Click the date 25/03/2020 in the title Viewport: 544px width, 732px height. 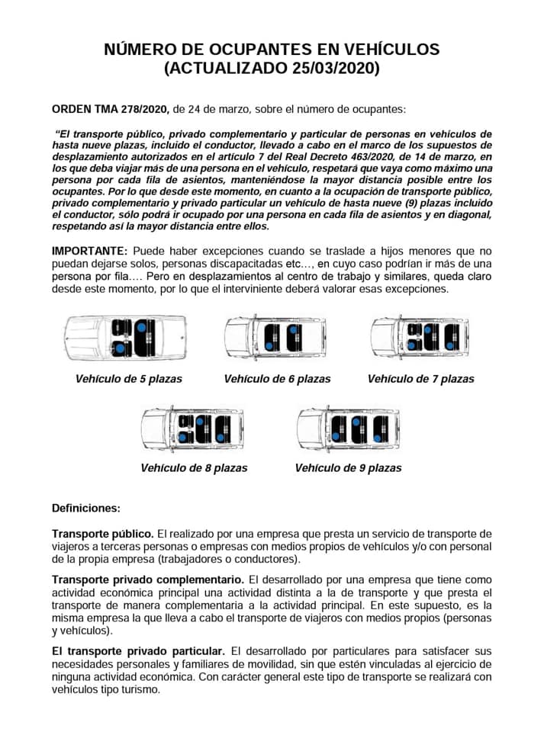335,69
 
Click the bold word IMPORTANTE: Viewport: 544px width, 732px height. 89,251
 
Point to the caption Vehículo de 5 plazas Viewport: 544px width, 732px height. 129,379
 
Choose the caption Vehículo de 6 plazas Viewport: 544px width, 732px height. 278,379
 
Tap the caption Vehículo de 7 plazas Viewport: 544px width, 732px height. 421,379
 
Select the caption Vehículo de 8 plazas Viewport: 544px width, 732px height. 195,468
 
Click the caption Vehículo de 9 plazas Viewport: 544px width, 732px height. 349,468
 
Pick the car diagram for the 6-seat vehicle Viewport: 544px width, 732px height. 276,337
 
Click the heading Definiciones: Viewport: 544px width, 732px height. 86,508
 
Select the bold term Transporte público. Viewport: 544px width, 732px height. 103,533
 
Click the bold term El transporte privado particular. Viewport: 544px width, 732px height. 138,652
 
